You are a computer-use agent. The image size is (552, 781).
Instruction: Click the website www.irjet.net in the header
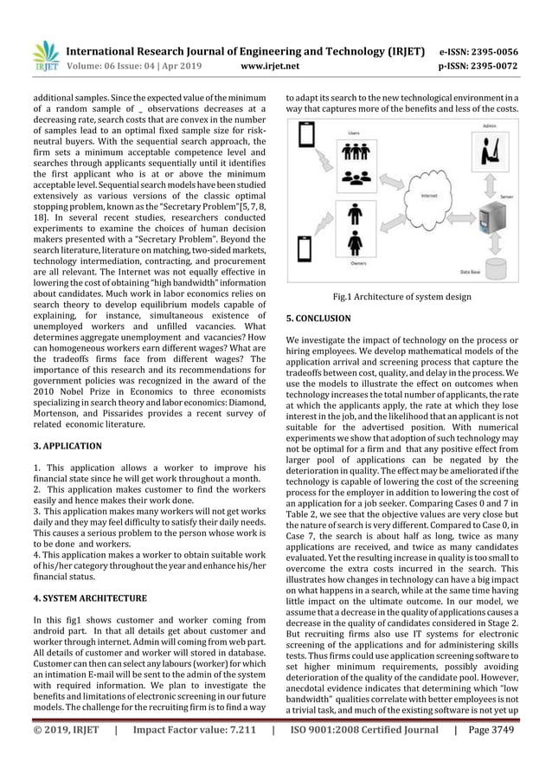pos(278,64)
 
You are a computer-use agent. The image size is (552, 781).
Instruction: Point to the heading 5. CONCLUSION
pos(318,319)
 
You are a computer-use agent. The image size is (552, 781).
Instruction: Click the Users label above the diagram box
pos(354,132)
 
